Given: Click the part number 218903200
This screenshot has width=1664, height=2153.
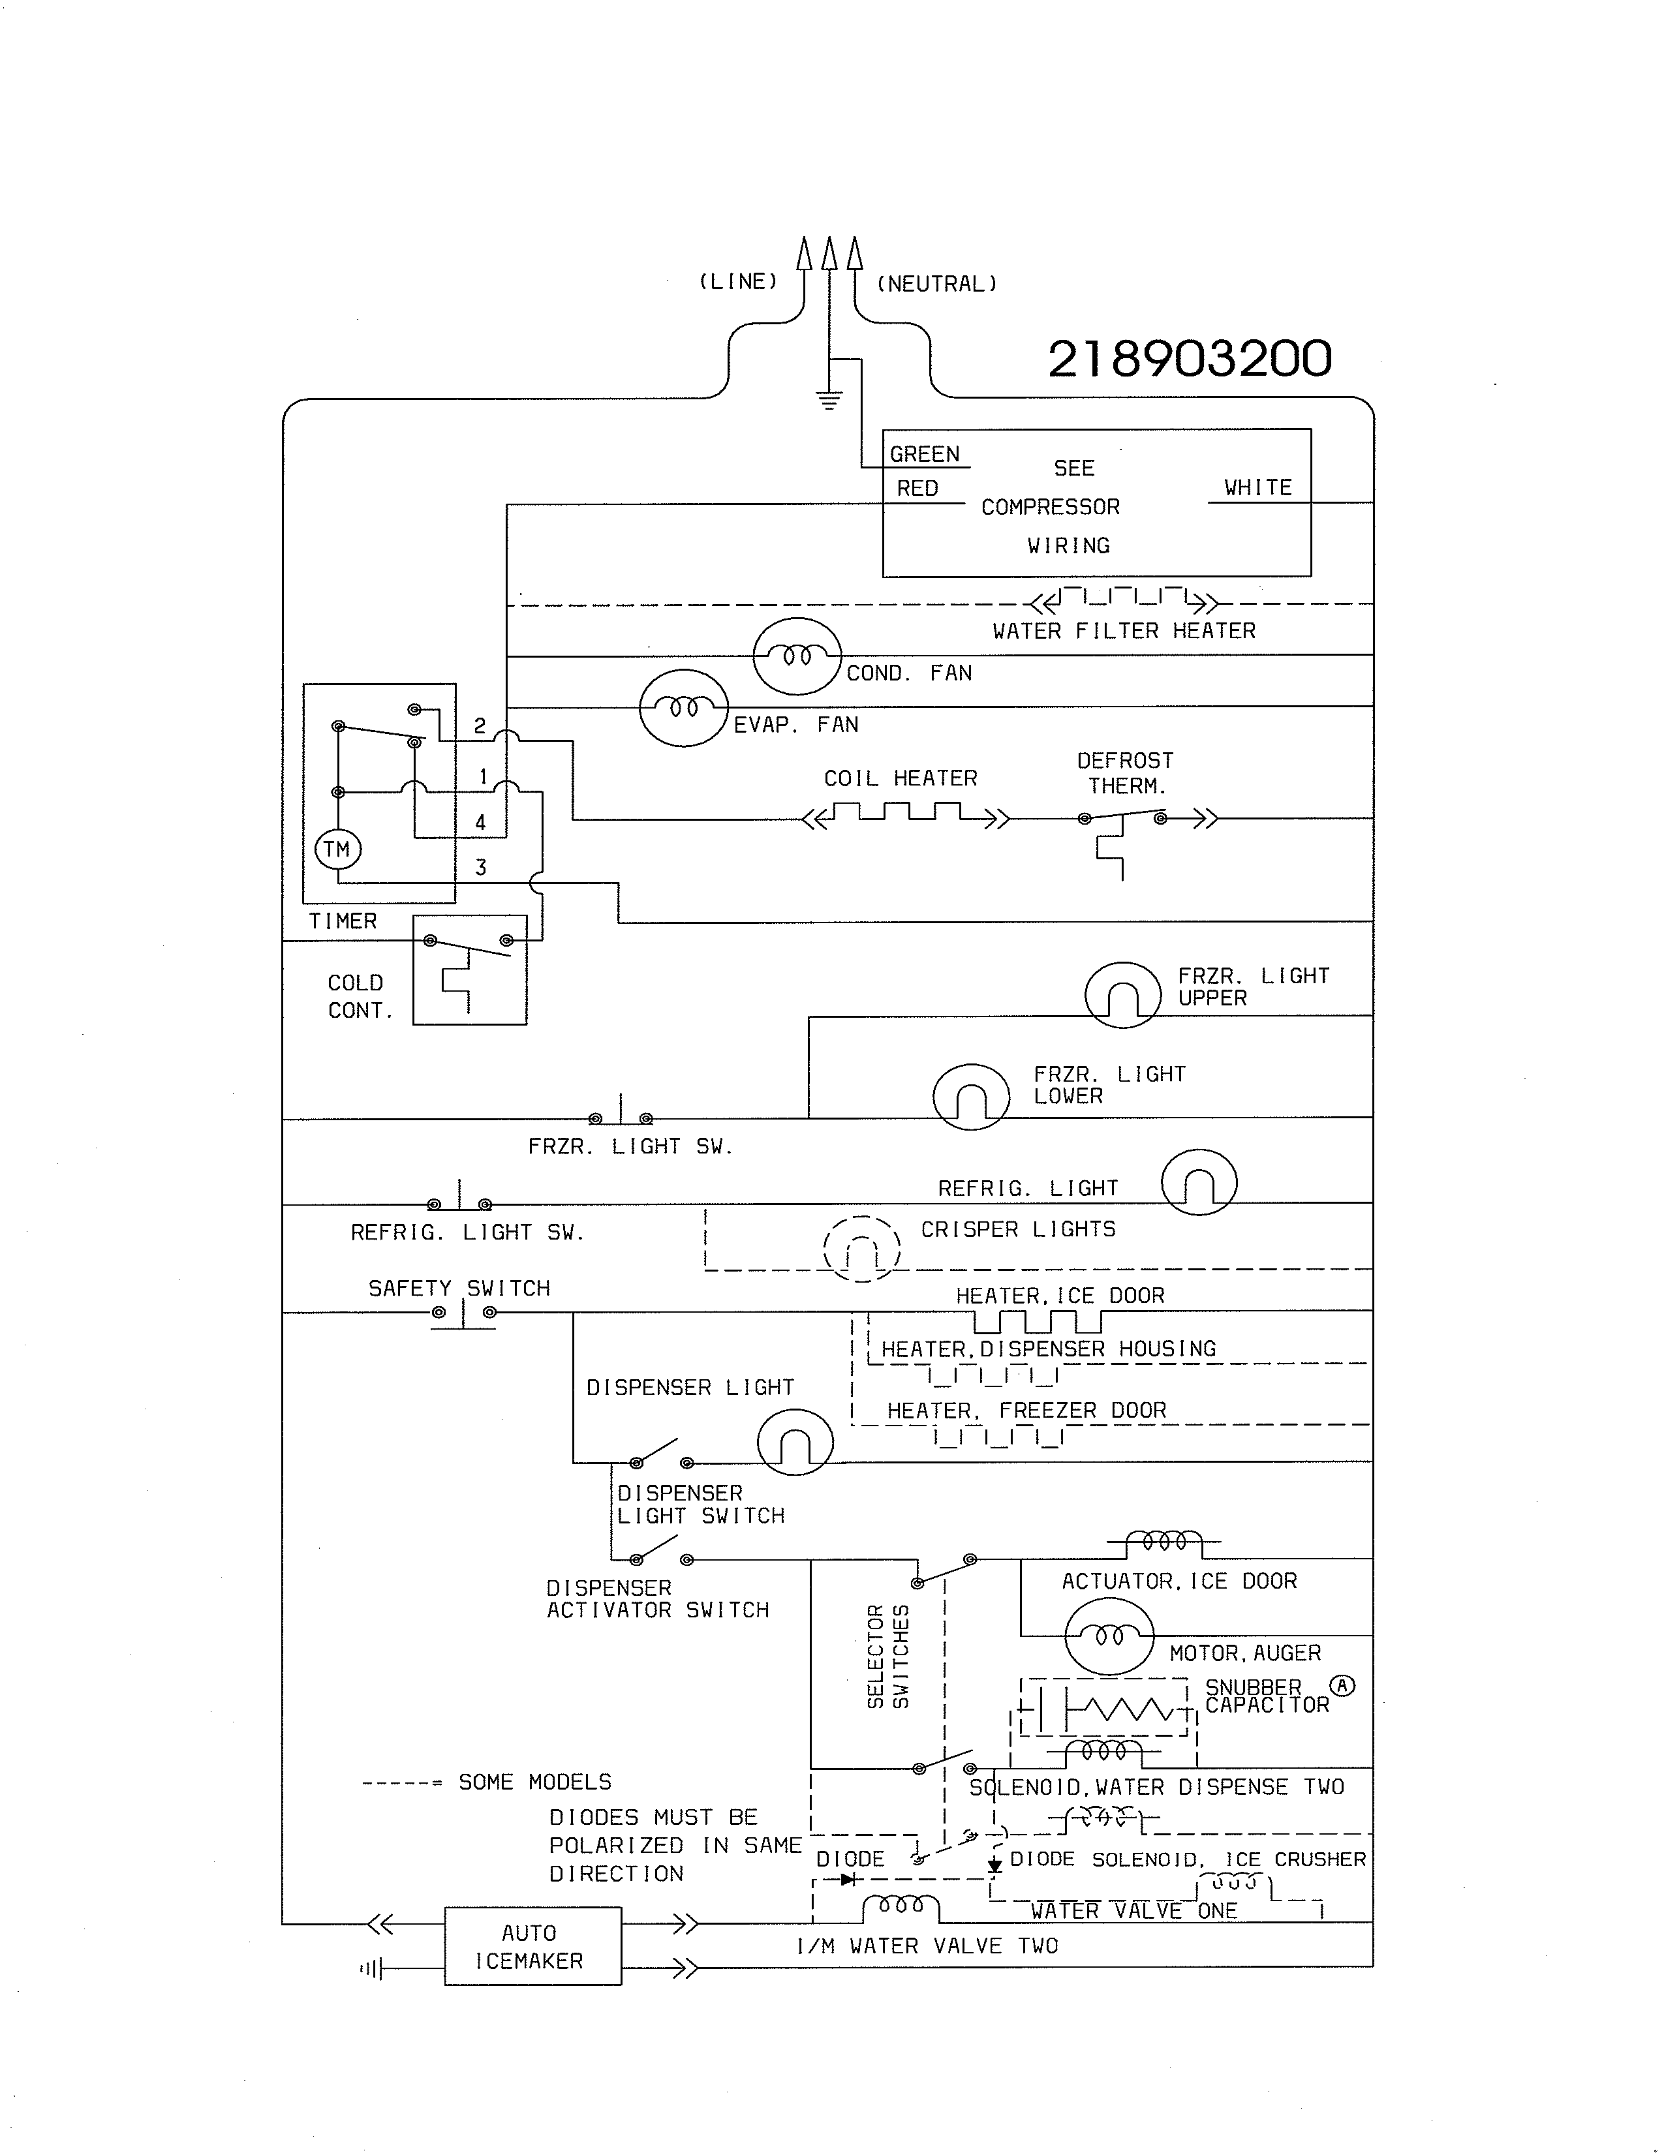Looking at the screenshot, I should [x=1189, y=359].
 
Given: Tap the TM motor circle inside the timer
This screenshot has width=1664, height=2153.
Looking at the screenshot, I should [x=337, y=849].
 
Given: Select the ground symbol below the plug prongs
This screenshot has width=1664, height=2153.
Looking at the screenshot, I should [x=829, y=399].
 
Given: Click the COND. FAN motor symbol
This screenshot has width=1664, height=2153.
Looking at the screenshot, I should [x=797, y=656].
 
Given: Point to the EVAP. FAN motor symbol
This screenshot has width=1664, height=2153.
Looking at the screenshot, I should [x=684, y=708].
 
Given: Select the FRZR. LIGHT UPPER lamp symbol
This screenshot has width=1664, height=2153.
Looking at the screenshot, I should [x=1123, y=996].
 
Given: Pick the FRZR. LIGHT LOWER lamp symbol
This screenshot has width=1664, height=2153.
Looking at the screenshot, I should [x=971, y=1096].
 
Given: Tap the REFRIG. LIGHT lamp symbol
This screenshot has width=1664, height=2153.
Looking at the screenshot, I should [x=1199, y=1182].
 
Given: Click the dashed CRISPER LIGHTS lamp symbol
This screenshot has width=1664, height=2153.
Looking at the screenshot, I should [x=861, y=1249].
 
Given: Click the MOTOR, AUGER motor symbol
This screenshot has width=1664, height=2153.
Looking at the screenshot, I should [x=1108, y=1636].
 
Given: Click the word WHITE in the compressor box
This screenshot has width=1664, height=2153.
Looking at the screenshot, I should [x=1258, y=487].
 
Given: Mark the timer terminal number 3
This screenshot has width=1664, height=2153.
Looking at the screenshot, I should [x=481, y=868].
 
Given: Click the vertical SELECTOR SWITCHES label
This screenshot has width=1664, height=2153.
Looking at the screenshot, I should [x=887, y=1655].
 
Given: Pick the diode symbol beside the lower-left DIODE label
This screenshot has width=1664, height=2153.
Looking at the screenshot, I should [x=847, y=1879].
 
